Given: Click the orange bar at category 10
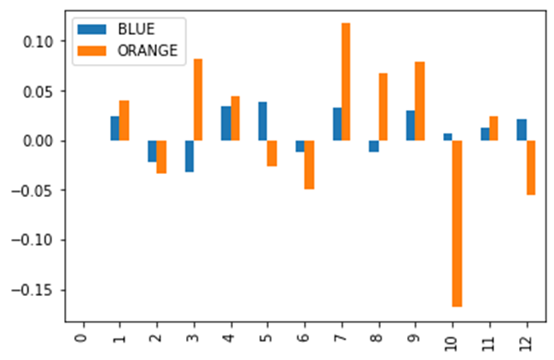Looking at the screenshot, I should click(457, 223).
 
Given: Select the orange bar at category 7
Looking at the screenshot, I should click(346, 82).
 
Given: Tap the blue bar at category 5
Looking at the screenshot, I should click(263, 121).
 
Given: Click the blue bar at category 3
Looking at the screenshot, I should click(189, 156).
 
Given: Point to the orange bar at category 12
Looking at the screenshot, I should click(531, 167).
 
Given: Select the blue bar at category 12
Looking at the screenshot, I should click(522, 130).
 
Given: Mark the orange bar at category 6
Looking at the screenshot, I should click(309, 165).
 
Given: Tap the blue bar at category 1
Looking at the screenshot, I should click(114, 128).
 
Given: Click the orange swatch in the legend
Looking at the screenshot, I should click(89, 50).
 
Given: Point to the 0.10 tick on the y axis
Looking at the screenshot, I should click(38, 41).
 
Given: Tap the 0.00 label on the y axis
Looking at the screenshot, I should click(38, 141).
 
